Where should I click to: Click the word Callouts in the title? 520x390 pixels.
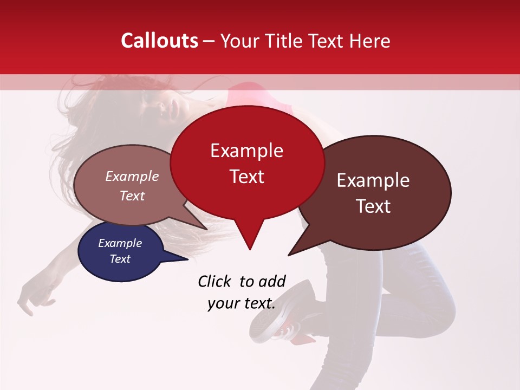(x=159, y=41)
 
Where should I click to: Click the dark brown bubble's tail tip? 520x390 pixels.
(x=289, y=255)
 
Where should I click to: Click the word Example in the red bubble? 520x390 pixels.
(x=247, y=151)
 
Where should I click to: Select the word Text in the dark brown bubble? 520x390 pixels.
(x=374, y=206)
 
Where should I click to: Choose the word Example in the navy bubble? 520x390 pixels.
(x=120, y=243)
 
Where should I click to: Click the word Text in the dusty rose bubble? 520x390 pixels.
(x=132, y=196)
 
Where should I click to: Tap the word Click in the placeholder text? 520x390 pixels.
(x=215, y=281)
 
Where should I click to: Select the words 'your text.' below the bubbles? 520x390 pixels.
(x=242, y=303)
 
